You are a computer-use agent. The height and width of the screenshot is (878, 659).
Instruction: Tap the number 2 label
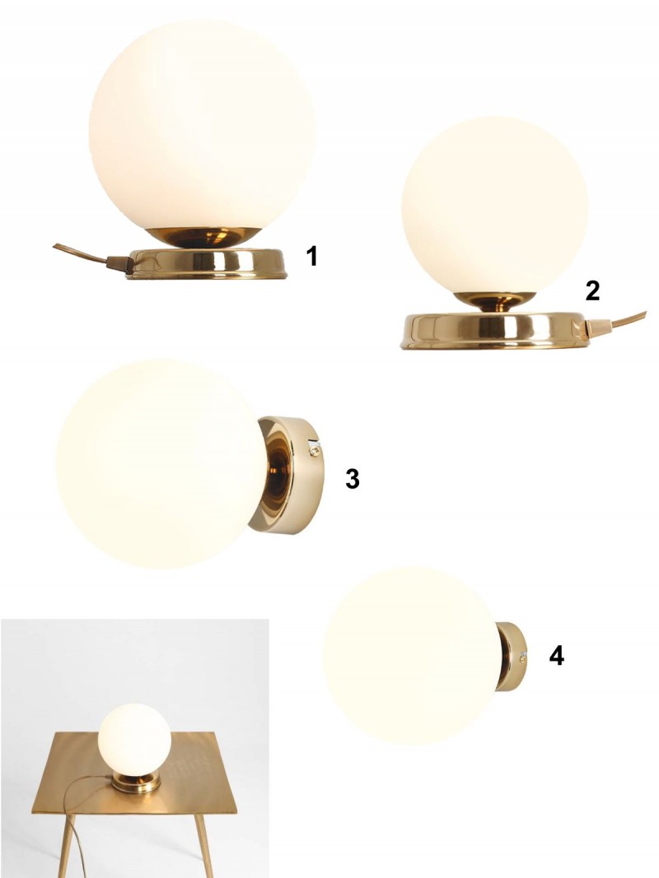click(592, 290)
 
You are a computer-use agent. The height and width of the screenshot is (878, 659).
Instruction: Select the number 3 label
click(352, 479)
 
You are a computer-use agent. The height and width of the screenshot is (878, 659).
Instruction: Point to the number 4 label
click(557, 656)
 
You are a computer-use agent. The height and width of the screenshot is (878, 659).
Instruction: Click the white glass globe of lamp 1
click(202, 126)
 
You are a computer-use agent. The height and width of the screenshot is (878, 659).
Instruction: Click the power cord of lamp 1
click(90, 257)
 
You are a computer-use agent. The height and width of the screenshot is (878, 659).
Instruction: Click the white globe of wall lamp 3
click(161, 464)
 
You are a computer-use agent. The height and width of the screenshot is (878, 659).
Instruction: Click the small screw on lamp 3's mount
click(315, 448)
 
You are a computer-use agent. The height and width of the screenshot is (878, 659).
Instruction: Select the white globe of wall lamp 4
click(411, 655)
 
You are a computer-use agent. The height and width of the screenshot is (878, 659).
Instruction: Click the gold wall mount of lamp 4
click(511, 657)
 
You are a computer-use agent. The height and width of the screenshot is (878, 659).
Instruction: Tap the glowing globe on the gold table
click(134, 739)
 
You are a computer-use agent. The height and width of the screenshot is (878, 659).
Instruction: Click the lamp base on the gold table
click(136, 783)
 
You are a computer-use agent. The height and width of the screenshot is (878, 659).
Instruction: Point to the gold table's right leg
click(204, 846)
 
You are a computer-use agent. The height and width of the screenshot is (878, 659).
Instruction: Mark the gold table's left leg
click(68, 846)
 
